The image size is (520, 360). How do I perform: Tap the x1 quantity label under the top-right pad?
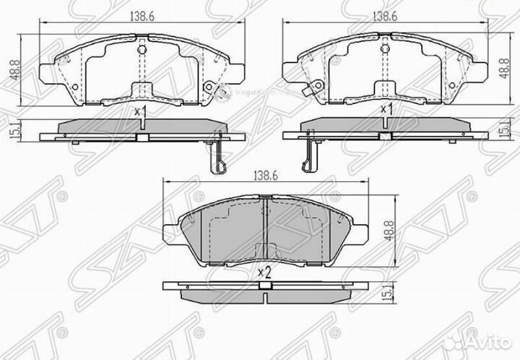pos(386,110)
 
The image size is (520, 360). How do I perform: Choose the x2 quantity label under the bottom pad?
pos(264,273)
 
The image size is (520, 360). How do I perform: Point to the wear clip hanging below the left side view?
pos(219,158)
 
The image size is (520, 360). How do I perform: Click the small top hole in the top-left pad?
pos(142,50)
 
